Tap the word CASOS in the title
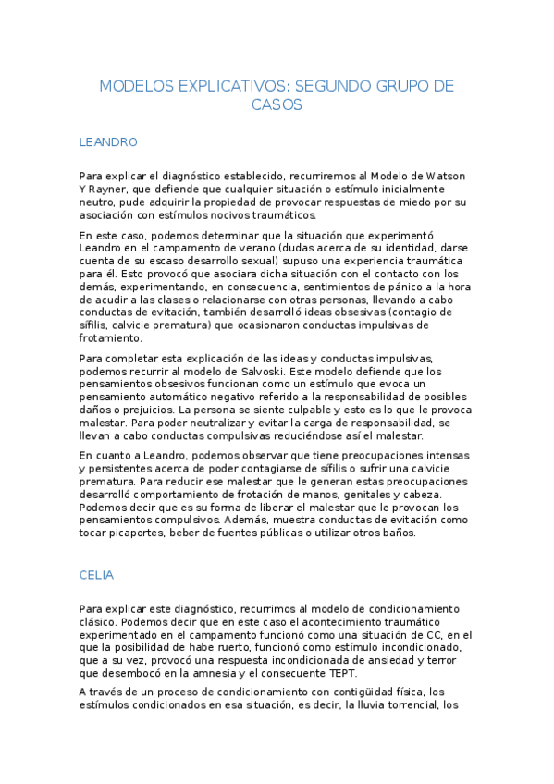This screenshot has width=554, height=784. coord(277,104)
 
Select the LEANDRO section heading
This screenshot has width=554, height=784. coord(108,142)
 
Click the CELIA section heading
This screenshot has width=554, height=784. coord(96,575)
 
